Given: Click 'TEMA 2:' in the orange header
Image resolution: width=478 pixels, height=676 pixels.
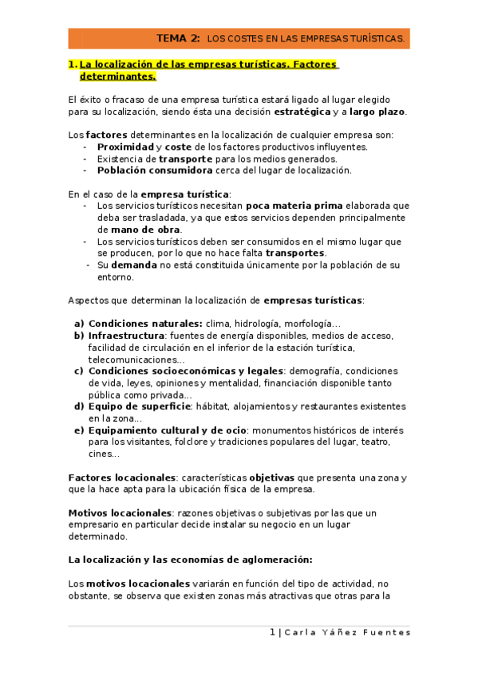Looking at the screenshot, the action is click(x=178, y=37).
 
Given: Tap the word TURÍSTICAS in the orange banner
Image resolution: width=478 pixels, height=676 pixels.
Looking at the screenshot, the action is click(x=375, y=38).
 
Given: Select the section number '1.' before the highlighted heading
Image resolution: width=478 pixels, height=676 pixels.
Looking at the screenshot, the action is click(x=73, y=64).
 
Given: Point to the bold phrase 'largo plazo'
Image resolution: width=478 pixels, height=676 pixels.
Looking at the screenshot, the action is click(x=377, y=112).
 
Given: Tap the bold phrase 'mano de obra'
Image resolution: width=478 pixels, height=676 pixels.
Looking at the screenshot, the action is click(x=134, y=230).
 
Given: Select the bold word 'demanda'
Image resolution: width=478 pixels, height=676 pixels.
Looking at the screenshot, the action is click(x=133, y=265).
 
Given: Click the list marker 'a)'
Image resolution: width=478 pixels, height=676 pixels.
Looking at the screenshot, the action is click(x=79, y=324).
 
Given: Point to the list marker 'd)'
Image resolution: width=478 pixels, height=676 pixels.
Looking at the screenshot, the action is click(x=79, y=407).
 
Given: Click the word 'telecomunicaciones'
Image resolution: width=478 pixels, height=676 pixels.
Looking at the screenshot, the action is click(x=132, y=360).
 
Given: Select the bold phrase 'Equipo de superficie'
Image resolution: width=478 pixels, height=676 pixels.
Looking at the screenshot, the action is click(x=140, y=407).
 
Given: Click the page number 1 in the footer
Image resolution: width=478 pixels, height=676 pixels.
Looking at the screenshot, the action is click(x=272, y=632).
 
